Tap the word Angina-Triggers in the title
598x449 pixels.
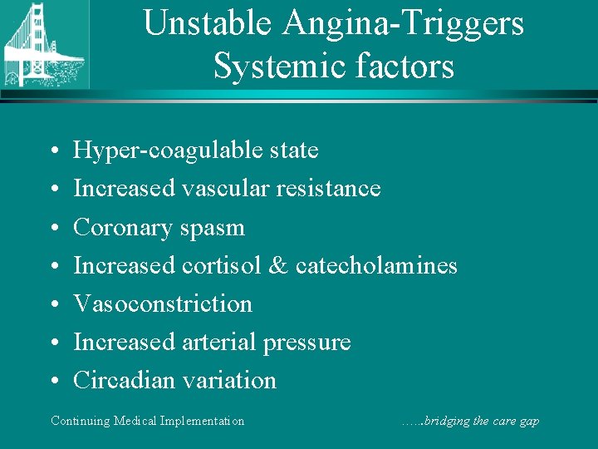click(404, 23)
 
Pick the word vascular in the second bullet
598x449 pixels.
click(222, 189)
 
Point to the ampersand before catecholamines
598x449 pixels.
click(279, 265)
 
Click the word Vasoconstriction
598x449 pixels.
click(163, 303)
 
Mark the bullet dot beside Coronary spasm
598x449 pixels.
click(53, 228)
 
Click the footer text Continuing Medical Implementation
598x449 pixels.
click(148, 421)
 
